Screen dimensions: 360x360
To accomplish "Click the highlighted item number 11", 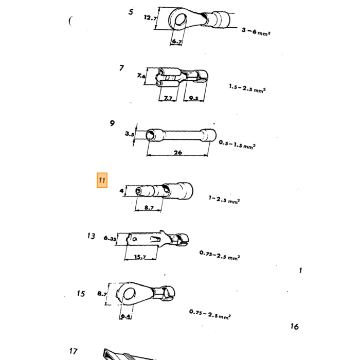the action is [102, 180].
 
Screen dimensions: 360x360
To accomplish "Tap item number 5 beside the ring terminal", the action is [131, 12].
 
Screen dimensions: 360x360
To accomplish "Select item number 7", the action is [122, 68].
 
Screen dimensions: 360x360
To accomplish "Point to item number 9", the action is [112, 123].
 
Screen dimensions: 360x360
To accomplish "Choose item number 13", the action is [91, 236].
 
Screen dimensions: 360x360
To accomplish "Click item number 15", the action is [81, 294].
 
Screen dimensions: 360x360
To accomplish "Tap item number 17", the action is [74, 351].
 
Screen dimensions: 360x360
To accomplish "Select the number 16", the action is [295, 327].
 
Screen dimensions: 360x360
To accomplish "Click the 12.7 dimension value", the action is [150, 17].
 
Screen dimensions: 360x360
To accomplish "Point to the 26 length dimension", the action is [178, 152].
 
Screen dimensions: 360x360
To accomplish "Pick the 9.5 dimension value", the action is [193, 98].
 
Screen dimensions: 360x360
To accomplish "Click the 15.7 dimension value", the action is [140, 257].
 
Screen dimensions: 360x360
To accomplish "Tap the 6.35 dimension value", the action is [110, 238].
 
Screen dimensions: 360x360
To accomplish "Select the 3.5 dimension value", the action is [130, 134].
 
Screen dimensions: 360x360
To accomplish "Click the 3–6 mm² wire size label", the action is [256, 32].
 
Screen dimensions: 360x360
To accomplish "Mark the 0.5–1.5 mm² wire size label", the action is [237, 145].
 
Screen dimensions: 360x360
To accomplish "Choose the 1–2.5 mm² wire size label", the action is [224, 200].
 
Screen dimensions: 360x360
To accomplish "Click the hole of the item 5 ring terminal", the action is [181, 20].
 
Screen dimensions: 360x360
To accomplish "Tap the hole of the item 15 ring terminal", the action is [129, 294].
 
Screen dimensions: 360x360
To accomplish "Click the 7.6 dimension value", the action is [141, 76].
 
